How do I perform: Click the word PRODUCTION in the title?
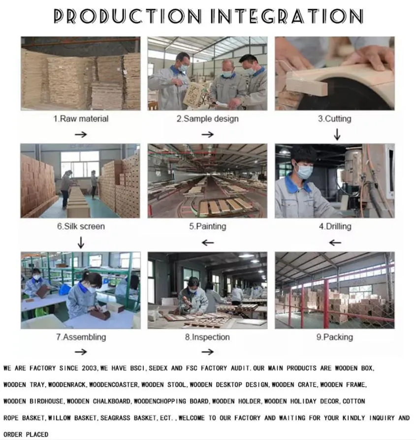tap(128, 16)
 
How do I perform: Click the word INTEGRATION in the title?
tap(287, 16)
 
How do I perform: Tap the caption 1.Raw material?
tap(81, 119)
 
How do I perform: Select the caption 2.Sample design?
tap(207, 119)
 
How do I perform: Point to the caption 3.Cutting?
tap(334, 119)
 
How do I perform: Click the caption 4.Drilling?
tap(335, 226)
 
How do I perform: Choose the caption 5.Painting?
tap(207, 226)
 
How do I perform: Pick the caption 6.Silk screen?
tap(81, 226)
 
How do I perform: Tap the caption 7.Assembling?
tap(81, 337)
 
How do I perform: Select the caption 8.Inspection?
tap(207, 337)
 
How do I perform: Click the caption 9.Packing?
tap(335, 337)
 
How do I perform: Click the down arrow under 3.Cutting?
tap(337, 135)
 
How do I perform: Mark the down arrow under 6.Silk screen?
tap(81, 242)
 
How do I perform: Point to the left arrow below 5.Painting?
tap(208, 242)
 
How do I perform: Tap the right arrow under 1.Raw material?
tap(81, 135)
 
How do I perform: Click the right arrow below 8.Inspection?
tap(208, 352)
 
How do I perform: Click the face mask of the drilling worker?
tap(304, 171)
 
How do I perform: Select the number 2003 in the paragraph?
tap(89, 368)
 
